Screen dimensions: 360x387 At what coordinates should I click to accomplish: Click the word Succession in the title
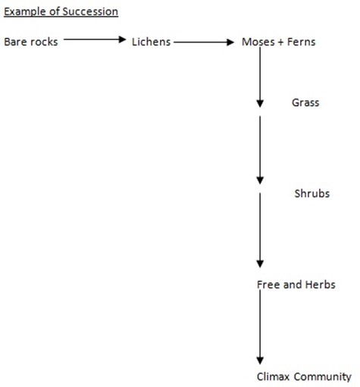[x=90, y=11]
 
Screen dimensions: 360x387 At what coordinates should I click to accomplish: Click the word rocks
[x=44, y=42]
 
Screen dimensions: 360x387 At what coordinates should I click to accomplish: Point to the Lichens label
[x=151, y=42]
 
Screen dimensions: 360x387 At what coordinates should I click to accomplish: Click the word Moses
[x=258, y=42]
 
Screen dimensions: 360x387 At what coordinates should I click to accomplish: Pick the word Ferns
[x=302, y=42]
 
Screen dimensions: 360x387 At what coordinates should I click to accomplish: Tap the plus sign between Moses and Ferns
[x=280, y=42]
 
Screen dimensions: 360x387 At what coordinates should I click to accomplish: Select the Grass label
[x=305, y=102]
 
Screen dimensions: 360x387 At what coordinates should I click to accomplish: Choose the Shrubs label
[x=312, y=193]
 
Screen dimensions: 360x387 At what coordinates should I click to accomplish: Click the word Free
[x=268, y=285]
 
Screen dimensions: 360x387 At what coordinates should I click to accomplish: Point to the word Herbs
[x=321, y=285]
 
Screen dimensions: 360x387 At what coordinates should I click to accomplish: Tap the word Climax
[x=273, y=376]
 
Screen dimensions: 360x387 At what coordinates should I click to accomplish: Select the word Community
[x=322, y=377]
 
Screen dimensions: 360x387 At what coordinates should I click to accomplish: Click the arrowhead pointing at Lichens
[x=123, y=39]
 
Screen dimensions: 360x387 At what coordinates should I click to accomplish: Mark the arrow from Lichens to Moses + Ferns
[x=204, y=42]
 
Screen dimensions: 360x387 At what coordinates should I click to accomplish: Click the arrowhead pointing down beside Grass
[x=260, y=104]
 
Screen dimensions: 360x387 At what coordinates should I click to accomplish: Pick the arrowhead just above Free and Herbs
[x=260, y=264]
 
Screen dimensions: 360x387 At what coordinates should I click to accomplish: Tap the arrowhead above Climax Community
[x=260, y=360]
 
